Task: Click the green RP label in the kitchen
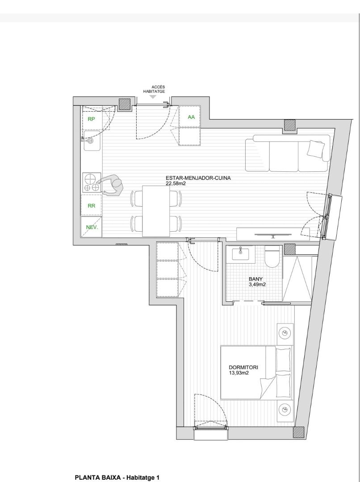click(92, 119)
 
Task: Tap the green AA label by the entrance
click(191, 117)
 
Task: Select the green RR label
click(92, 206)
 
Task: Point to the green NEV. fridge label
click(92, 228)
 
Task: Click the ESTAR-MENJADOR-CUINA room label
click(198, 178)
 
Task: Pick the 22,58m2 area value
click(176, 183)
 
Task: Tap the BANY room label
click(255, 279)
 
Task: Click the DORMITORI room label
click(243, 367)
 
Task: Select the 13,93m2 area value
click(239, 373)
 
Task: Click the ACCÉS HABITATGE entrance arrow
click(153, 97)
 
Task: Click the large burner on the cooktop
click(91, 179)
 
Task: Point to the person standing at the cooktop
click(112, 185)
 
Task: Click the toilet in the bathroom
click(272, 256)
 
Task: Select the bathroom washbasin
click(241, 254)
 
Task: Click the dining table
click(156, 211)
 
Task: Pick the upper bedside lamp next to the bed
click(285, 333)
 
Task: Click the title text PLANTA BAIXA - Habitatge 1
click(117, 478)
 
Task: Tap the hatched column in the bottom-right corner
click(298, 432)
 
